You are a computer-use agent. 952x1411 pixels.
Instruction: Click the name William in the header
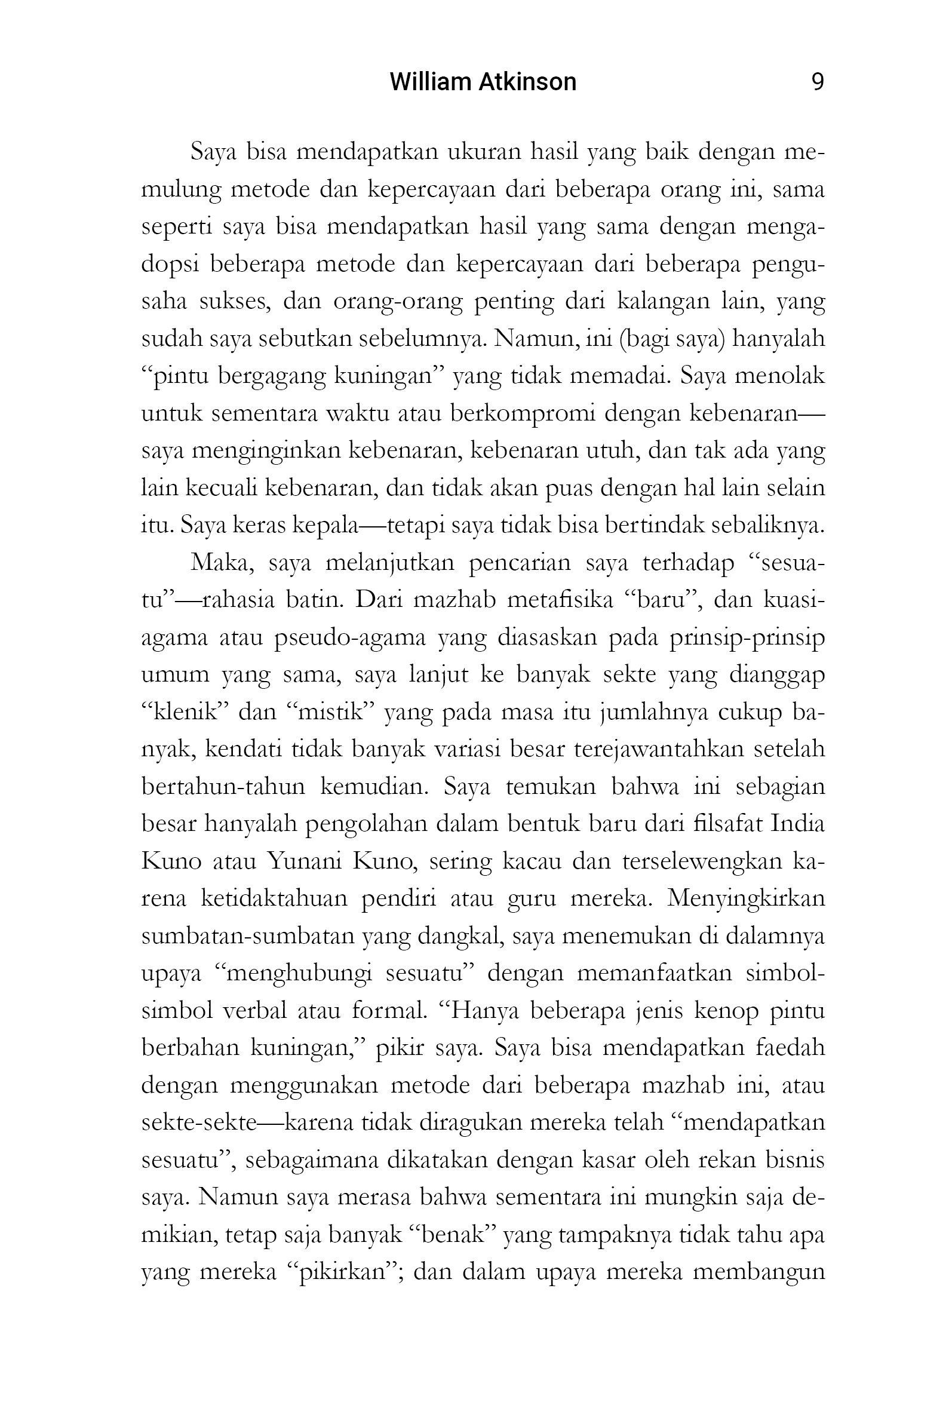pyautogui.click(x=425, y=82)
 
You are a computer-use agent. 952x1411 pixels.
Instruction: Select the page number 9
pyautogui.click(x=817, y=82)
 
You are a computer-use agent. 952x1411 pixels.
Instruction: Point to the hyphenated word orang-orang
pyautogui.click(x=398, y=301)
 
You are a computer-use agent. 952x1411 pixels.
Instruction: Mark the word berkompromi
pyautogui.click(x=521, y=413)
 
